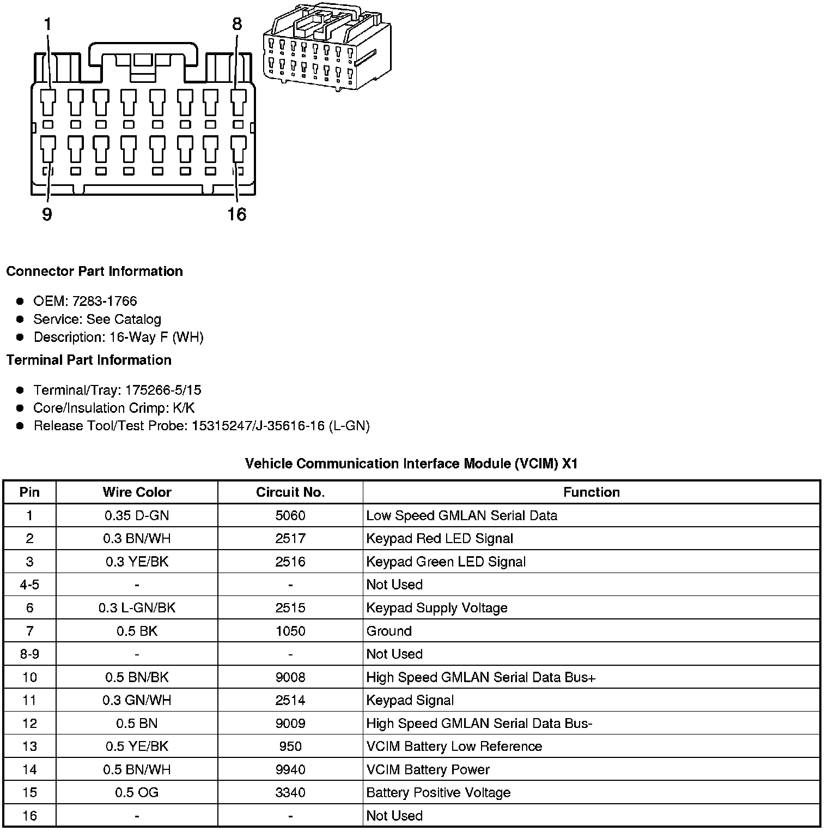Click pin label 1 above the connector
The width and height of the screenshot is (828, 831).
tap(48, 25)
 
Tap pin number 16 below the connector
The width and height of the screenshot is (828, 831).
tap(237, 214)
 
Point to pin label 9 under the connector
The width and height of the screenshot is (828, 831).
tap(47, 214)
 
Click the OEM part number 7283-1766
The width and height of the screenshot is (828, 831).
tap(105, 301)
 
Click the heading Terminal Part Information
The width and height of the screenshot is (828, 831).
tap(89, 360)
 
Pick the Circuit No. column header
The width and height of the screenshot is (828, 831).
tap(290, 492)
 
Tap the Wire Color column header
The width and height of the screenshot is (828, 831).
tap(137, 492)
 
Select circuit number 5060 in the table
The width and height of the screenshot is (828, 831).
tap(290, 515)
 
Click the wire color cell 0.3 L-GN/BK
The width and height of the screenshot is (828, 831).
tap(137, 607)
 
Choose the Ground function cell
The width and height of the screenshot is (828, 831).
tap(389, 631)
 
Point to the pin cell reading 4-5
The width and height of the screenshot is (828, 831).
tap(29, 585)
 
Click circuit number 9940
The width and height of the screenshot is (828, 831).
tap(290, 769)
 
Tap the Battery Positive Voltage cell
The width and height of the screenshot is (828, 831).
tap(439, 792)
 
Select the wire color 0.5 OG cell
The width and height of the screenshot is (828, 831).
tap(137, 792)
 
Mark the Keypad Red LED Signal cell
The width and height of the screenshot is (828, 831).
tap(440, 539)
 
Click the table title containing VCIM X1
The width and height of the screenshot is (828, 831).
tap(411, 463)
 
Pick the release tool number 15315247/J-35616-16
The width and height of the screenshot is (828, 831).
tap(258, 426)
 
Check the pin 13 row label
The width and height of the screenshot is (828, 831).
tap(29, 746)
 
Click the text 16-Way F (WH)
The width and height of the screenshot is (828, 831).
tap(156, 337)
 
